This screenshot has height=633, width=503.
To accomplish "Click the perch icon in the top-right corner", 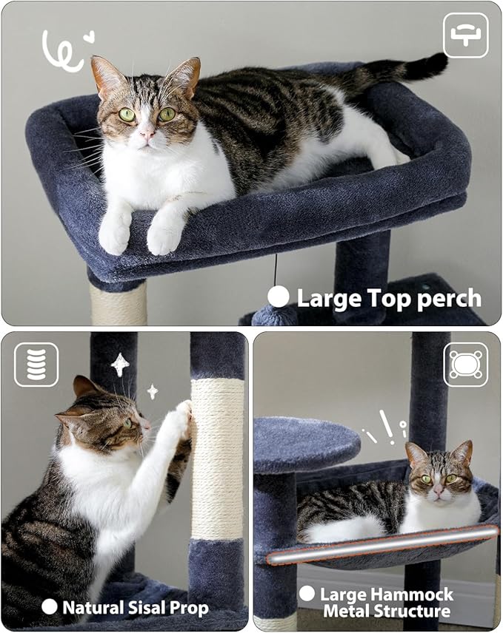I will tap(465, 35).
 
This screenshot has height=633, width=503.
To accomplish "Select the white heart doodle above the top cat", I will tap(89, 35).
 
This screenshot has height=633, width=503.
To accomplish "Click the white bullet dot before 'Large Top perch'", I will tap(279, 297).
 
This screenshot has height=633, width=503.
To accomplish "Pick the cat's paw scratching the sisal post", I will tap(179, 420).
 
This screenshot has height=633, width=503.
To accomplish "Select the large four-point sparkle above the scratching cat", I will tap(120, 364).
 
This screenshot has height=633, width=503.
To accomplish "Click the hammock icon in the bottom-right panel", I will tap(465, 364).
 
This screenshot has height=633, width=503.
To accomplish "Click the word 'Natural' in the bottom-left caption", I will tap(88, 608).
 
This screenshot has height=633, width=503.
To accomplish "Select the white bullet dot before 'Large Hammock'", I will tap(307, 593).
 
